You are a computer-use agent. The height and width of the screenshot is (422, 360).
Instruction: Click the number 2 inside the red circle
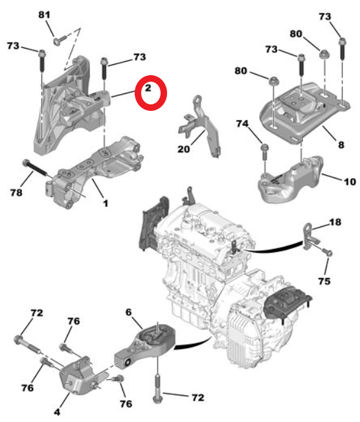click(148, 88)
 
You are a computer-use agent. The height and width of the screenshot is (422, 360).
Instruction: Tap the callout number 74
click(242, 123)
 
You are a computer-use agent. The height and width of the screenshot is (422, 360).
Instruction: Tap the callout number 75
click(324, 281)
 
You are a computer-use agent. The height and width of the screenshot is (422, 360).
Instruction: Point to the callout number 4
click(58, 410)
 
